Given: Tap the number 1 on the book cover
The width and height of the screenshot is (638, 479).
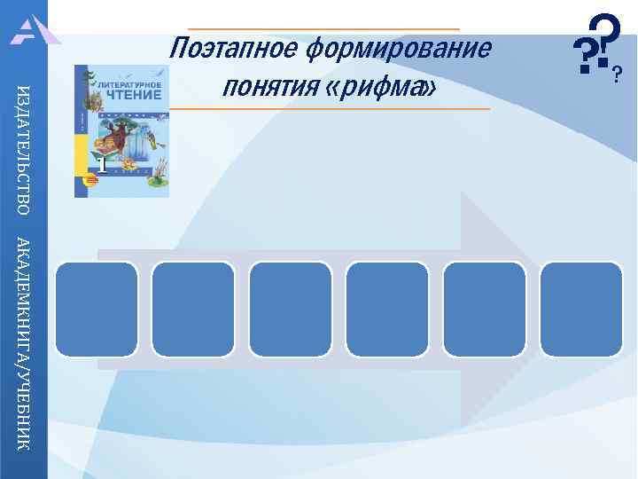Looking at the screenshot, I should tap(102, 164).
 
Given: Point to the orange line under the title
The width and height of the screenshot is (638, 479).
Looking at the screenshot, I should tap(328, 108).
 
